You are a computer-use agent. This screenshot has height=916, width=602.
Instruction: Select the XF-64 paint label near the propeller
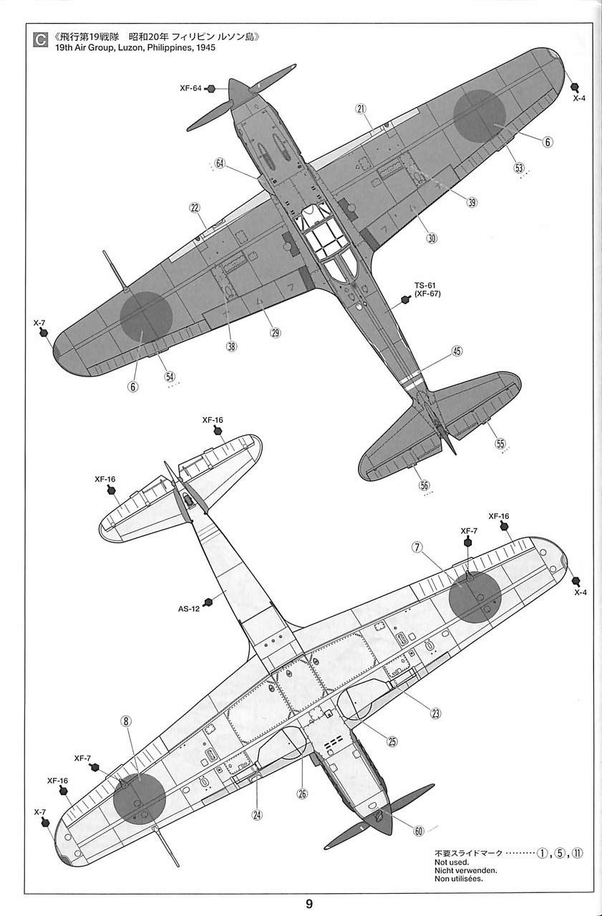(x=190, y=89)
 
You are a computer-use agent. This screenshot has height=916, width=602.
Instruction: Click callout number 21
(x=360, y=109)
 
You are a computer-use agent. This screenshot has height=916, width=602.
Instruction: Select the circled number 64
(x=220, y=163)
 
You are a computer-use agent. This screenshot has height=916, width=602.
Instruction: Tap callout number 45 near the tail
(x=457, y=351)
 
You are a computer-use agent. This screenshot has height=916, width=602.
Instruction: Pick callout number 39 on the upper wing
(x=472, y=202)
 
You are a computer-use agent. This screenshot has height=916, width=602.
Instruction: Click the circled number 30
(x=432, y=238)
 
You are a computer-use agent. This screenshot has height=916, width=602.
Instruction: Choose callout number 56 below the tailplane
(x=424, y=485)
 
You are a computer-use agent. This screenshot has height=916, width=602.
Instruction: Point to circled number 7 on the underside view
(x=417, y=547)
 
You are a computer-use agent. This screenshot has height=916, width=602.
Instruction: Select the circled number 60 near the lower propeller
(x=419, y=831)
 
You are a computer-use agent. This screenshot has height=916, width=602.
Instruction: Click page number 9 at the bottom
(x=309, y=903)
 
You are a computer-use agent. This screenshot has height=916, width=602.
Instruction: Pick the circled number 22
(x=195, y=208)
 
